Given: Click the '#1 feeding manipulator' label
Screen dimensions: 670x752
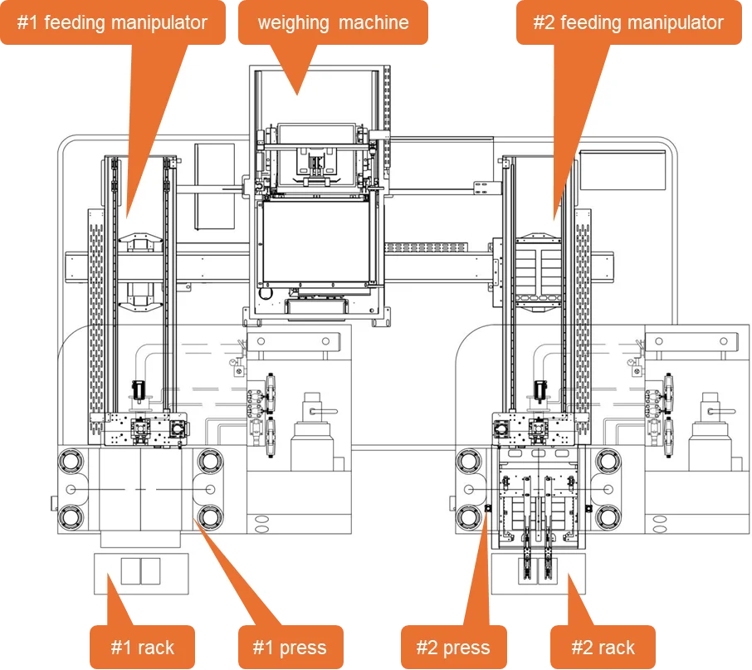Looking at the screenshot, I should point(113,22).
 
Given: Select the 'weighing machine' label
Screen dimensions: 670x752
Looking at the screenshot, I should point(333,22).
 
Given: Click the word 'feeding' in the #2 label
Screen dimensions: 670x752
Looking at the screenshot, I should point(593,22).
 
